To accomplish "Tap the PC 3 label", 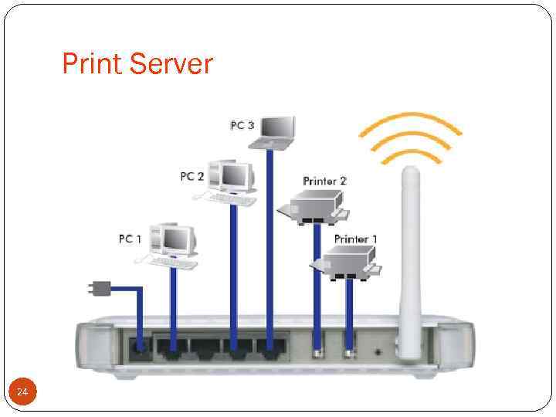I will point(242,125).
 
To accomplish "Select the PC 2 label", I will point(192,177).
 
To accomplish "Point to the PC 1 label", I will point(130,239).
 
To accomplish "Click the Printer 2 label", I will point(324,181).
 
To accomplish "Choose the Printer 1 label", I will point(355,239).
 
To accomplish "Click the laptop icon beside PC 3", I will point(277,131).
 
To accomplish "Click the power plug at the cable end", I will point(97,290).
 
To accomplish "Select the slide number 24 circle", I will point(22,393).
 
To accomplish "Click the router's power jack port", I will point(141,348).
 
